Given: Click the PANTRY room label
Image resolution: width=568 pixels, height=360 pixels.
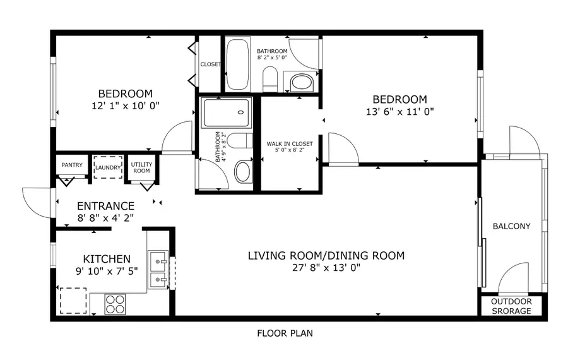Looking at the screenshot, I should click(72, 165).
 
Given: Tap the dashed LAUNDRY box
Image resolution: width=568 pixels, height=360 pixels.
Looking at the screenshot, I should click(107, 167).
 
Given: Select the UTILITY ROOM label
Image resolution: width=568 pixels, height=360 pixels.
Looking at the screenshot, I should click(141, 167).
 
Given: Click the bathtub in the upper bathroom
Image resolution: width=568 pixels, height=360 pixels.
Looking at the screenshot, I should click(238, 64).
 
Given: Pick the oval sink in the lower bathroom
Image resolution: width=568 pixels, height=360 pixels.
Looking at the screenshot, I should click(242, 171).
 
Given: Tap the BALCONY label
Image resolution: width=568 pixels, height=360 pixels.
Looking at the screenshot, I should click(511, 226).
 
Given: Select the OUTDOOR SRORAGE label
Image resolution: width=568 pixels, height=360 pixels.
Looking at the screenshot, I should click(511, 306).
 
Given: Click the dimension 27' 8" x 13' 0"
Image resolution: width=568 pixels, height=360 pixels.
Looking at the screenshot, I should click(326, 267).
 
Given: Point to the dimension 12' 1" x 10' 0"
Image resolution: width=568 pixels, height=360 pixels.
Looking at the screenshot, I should click(125, 106).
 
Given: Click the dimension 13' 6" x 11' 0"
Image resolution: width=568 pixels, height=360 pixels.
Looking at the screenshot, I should click(399, 111).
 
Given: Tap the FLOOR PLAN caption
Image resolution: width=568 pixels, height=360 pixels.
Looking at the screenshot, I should click(285, 333).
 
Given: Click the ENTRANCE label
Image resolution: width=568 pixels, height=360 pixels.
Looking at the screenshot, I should click(105, 206).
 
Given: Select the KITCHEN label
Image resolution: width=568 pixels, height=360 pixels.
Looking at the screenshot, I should click(107, 259).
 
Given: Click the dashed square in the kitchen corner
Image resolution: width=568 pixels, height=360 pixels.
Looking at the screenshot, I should click(73, 301).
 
